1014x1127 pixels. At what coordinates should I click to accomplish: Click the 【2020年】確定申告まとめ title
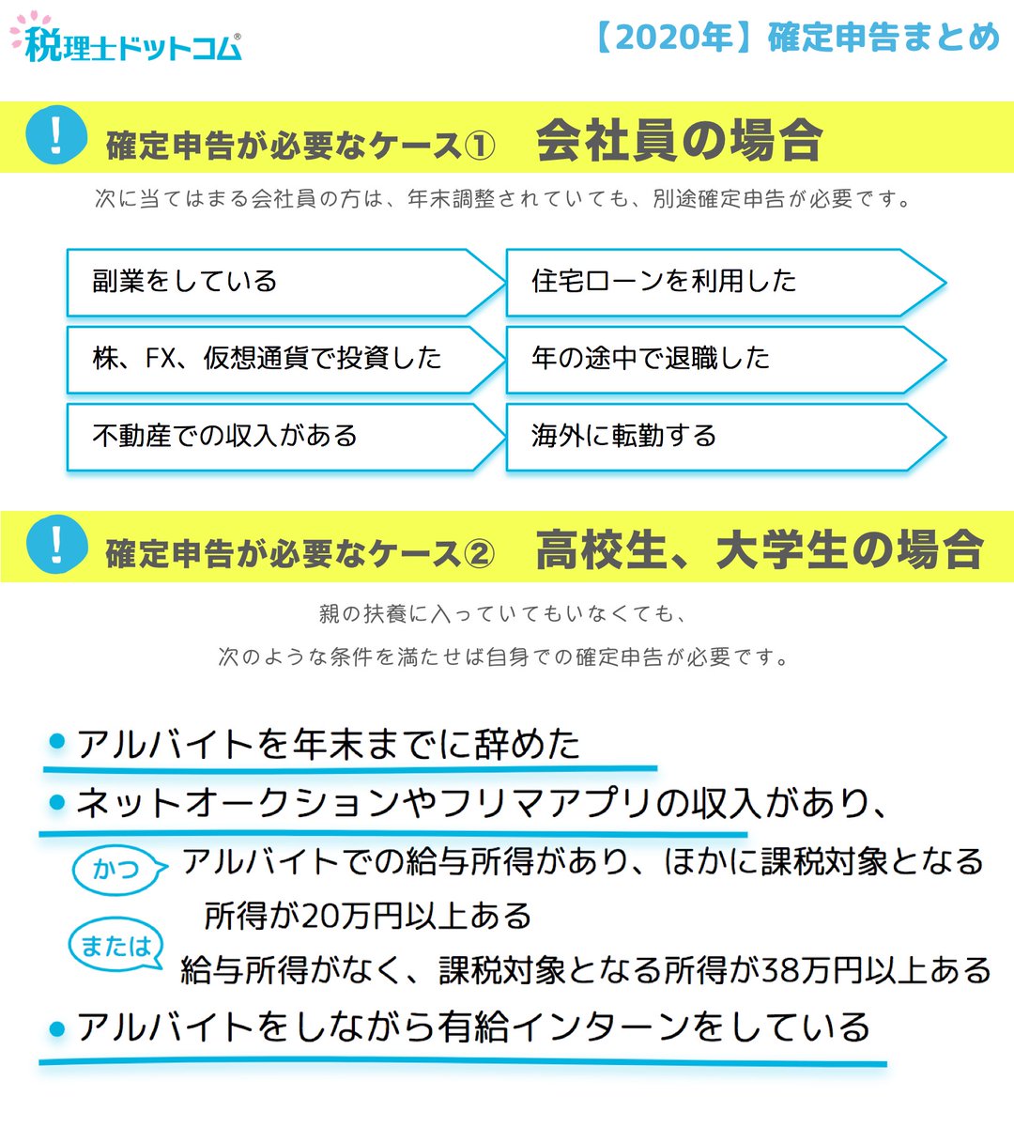796,38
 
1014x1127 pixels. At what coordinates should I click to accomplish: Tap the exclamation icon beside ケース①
55,135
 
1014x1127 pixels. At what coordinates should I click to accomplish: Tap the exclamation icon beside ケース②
55,544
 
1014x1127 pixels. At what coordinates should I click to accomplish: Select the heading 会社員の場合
679,141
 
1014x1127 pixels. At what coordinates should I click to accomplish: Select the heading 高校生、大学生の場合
759,549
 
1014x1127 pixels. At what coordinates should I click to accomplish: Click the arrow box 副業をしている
282,282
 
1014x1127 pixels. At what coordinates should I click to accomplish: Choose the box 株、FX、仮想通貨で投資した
282,359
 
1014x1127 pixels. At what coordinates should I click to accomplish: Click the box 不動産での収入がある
282,437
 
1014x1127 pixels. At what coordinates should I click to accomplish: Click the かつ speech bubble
116,870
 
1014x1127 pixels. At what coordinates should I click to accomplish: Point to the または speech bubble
115,946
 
